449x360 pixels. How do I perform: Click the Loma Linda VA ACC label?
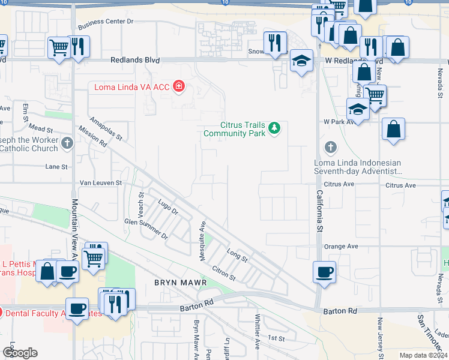click(131, 87)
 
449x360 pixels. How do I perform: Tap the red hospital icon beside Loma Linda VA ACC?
click(178, 87)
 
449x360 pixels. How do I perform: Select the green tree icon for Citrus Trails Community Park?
click(274, 127)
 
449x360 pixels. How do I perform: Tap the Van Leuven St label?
click(101, 182)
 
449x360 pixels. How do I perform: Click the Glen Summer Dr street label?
click(146, 229)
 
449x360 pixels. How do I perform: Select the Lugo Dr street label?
click(167, 208)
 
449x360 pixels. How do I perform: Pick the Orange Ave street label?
click(340, 246)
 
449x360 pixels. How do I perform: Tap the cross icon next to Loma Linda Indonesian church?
click(330, 147)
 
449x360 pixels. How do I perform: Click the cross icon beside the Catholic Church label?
click(67, 143)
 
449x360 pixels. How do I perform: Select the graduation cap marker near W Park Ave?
click(358, 110)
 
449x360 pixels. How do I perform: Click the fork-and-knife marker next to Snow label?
click(275, 43)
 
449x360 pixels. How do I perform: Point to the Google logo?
click(19, 352)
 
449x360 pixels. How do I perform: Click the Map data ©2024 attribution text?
click(423, 355)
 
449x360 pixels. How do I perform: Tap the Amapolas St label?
click(106, 128)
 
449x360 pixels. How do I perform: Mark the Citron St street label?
click(223, 272)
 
